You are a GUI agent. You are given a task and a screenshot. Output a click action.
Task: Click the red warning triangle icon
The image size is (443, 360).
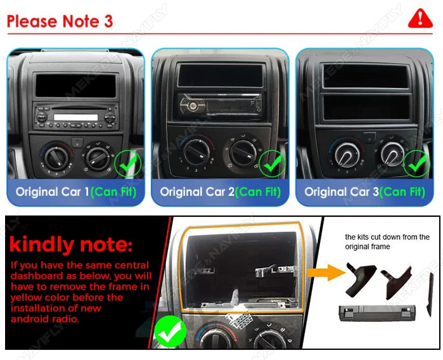coord(420,18)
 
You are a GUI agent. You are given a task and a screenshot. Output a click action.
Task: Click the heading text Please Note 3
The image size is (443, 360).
coord(60,21)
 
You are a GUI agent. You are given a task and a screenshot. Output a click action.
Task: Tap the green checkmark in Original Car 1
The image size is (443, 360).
coord(127,165)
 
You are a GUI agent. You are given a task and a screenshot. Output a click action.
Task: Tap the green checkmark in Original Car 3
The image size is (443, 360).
coord(417,165)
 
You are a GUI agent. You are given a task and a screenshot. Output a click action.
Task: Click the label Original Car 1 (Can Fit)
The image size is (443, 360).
coord(75,191)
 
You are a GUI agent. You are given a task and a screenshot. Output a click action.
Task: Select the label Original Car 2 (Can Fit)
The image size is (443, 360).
coord(220,191)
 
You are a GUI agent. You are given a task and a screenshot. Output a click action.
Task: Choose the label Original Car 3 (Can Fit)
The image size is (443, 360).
coord(364,191)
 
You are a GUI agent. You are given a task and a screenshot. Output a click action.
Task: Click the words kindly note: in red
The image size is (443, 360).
coord(71,244)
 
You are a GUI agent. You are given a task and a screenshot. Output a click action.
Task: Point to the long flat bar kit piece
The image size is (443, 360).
coord(372,311)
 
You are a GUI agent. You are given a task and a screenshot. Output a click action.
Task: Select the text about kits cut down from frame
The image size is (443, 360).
coord(387,241)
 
